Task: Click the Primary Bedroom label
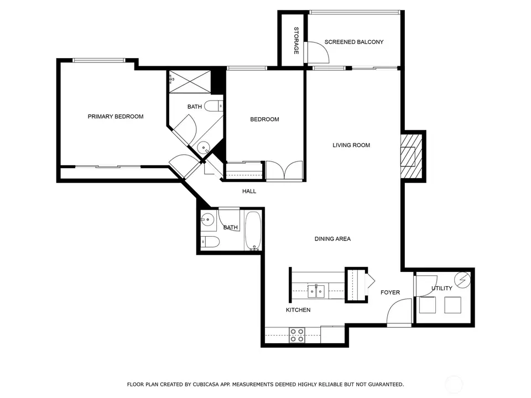(116, 117)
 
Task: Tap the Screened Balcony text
(354, 42)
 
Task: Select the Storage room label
(296, 40)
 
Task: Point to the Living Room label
(351, 145)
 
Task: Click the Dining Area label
(332, 239)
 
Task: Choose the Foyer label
(390, 292)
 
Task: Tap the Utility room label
(441, 289)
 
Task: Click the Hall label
(249, 191)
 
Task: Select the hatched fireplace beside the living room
(412, 156)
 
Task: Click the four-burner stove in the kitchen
(297, 335)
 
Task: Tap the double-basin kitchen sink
(316, 291)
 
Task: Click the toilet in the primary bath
(214, 106)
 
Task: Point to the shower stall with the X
(190, 81)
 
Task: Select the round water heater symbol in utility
(462, 280)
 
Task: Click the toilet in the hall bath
(210, 242)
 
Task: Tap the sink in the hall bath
(207, 221)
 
